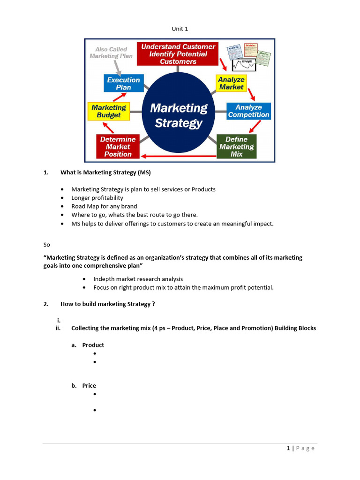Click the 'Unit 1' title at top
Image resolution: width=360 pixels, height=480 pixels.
(180, 29)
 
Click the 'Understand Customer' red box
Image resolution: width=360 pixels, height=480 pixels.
(178, 54)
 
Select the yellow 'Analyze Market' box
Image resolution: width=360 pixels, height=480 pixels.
(231, 83)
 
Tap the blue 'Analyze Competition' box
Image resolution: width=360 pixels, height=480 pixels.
(248, 111)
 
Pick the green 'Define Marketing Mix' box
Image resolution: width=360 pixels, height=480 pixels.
(236, 146)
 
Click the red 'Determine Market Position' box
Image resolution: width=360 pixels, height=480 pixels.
(118, 146)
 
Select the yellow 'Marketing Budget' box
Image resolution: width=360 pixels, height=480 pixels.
(109, 111)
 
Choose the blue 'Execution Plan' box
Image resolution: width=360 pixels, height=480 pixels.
(123, 83)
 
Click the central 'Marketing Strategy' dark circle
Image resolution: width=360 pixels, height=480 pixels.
(179, 115)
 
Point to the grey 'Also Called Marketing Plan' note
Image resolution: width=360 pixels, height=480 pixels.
(111, 52)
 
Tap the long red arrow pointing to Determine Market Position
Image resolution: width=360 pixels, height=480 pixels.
(178, 156)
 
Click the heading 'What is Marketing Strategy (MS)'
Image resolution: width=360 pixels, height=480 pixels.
(105, 172)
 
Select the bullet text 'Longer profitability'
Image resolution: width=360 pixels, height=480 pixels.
(97, 198)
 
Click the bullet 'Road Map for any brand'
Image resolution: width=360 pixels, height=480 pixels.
(104, 206)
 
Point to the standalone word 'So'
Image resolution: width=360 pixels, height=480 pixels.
(46, 245)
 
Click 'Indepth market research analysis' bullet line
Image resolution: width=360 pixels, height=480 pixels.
(138, 279)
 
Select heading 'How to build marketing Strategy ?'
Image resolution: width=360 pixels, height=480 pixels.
(107, 304)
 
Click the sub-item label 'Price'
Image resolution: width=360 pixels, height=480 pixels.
(89, 386)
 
